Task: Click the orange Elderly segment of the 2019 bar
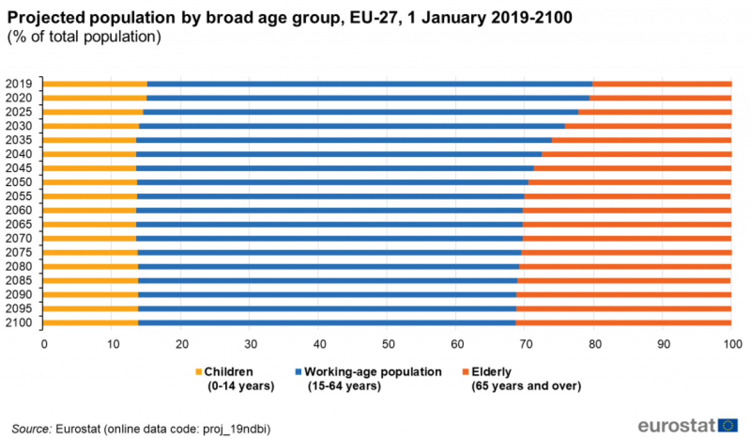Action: [662, 84]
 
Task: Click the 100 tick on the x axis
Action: [731, 344]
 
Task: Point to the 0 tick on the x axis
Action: [44, 344]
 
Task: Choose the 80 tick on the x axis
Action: [593, 344]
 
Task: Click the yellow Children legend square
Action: [198, 371]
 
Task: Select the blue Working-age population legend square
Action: [298, 371]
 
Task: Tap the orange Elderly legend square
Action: [465, 371]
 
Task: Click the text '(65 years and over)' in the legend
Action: [525, 386]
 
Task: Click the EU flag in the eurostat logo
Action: [728, 425]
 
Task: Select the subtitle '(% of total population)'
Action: [84, 37]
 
